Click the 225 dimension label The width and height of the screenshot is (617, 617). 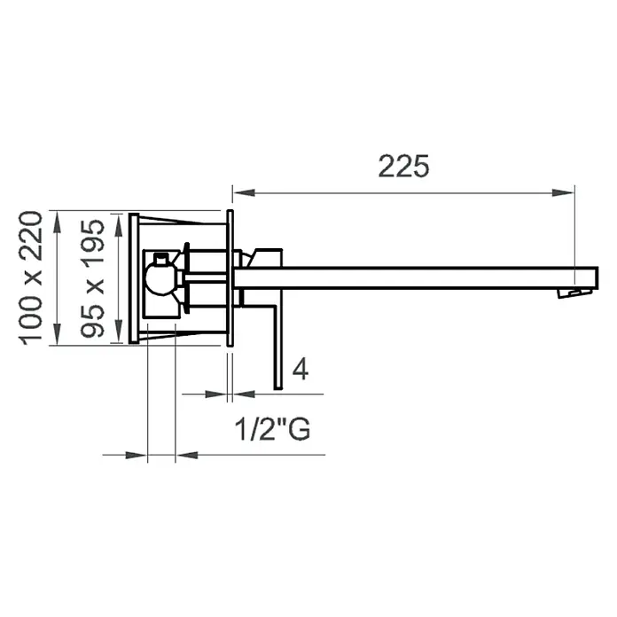click(x=403, y=166)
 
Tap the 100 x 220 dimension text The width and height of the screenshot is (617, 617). click(x=31, y=278)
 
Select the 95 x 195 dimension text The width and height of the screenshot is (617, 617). click(x=92, y=278)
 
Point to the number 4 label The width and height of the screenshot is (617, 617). click(x=301, y=370)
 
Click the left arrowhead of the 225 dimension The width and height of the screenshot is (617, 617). click(x=244, y=192)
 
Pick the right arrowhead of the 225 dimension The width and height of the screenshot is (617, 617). click(x=563, y=192)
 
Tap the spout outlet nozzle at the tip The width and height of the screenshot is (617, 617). click(x=575, y=293)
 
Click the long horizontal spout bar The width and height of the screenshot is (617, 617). click(x=416, y=278)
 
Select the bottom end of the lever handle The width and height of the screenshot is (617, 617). click(x=278, y=387)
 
